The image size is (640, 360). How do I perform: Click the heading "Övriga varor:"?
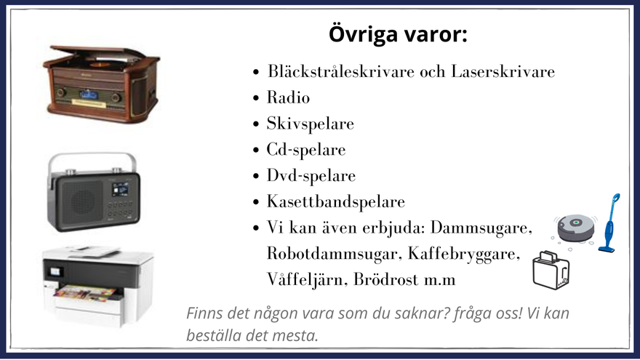tap(398, 34)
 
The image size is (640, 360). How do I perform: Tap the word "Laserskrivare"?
tap(503, 71)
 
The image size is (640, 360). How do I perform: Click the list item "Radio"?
tap(288, 97)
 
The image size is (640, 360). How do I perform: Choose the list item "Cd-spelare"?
tap(306, 150)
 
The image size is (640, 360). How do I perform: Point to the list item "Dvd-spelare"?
tap(311, 176)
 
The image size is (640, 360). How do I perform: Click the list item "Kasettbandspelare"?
tap(336, 201)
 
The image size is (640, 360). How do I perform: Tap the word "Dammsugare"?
tap(481, 228)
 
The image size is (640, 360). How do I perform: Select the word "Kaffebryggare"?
tap(464, 254)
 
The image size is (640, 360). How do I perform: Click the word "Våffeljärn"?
tap(308, 280)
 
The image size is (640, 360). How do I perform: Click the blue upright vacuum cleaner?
tap(609, 223)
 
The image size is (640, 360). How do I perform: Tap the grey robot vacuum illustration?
tap(575, 228)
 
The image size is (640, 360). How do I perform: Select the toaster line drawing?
tap(551, 271)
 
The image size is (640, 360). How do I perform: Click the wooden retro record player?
tap(101, 84)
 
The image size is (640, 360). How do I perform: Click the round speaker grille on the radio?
tap(83, 201)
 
